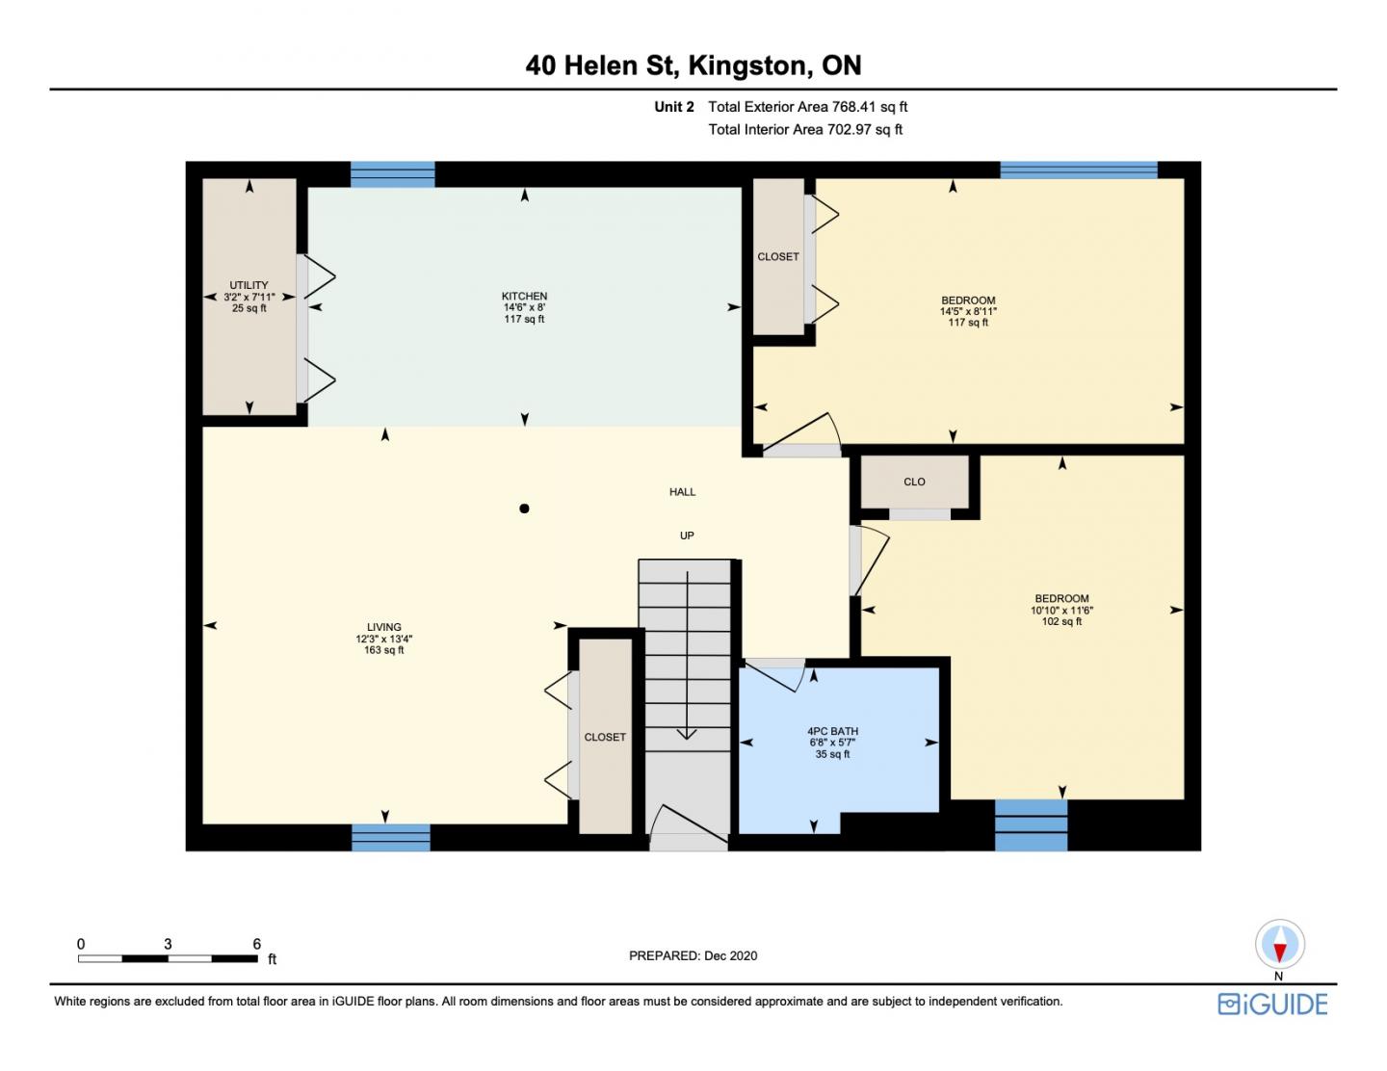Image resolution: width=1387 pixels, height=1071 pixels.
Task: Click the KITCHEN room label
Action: coord(524,296)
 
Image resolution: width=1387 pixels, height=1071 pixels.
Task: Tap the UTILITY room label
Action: coord(249,285)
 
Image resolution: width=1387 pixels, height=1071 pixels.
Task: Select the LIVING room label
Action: coord(383,627)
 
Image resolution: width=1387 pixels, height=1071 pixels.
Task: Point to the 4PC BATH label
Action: coord(832,731)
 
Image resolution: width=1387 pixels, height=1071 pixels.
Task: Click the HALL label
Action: coord(682,492)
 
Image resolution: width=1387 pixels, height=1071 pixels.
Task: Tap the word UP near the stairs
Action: coord(687,535)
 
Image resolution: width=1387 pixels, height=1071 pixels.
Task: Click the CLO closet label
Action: coord(914,482)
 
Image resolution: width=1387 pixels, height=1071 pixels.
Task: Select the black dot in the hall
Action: coord(524,509)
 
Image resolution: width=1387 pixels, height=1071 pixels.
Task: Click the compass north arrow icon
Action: coord(1279,945)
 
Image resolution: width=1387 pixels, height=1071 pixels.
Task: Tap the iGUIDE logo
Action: coord(1272,1004)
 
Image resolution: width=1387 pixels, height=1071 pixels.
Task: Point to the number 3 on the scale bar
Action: coord(168,944)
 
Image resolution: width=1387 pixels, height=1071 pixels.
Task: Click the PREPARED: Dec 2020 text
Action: coord(693,955)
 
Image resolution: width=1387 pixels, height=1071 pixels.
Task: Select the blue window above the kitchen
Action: coord(393,174)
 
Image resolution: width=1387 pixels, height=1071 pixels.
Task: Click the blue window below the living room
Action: coord(391,837)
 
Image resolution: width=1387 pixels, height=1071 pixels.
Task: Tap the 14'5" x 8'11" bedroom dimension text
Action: coord(968,311)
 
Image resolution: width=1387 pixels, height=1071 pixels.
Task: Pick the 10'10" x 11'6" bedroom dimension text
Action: coord(1061,611)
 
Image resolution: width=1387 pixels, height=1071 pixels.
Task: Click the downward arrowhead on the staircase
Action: coord(687,734)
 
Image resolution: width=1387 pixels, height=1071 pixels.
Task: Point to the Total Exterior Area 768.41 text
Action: coord(807,107)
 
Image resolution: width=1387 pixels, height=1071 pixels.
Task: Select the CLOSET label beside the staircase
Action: coord(605,737)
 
